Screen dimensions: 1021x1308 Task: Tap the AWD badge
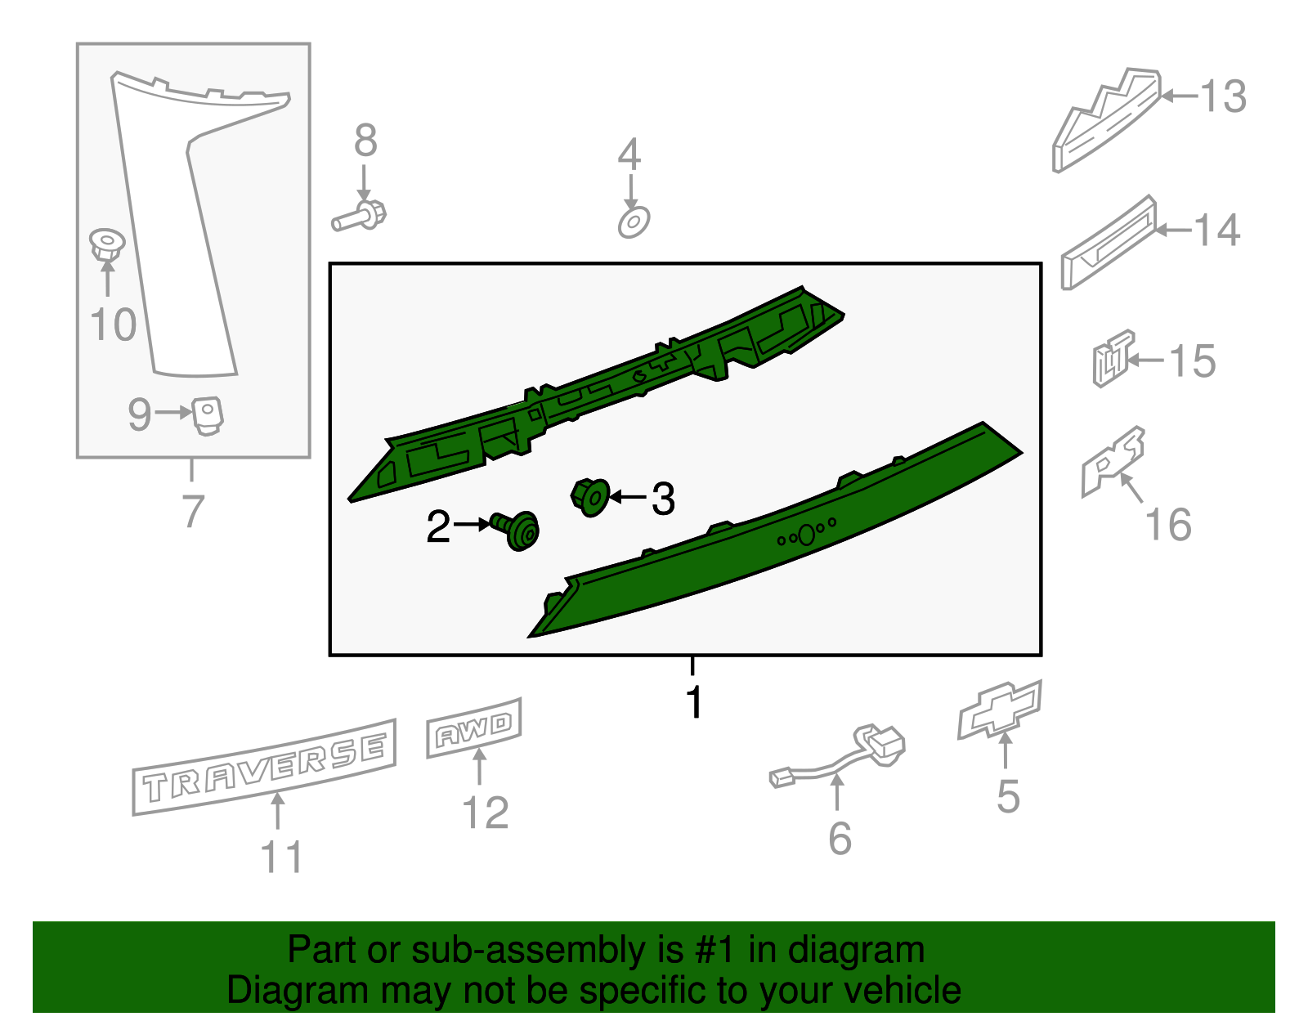click(x=474, y=728)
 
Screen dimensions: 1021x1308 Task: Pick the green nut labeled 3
click(x=590, y=496)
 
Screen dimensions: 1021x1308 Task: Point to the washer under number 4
click(x=634, y=222)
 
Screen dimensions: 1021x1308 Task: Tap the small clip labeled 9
click(x=207, y=414)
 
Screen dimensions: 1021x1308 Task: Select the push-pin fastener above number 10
click(x=106, y=244)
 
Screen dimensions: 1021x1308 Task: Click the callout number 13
click(x=1223, y=96)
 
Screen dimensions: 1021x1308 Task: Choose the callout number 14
click(x=1217, y=231)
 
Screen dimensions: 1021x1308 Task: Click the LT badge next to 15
click(x=1113, y=359)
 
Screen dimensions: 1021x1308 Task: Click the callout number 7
click(x=192, y=511)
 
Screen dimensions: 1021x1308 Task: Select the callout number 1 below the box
click(x=694, y=701)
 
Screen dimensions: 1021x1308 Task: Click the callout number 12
click(x=486, y=813)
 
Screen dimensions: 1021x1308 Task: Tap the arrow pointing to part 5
click(x=1006, y=750)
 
